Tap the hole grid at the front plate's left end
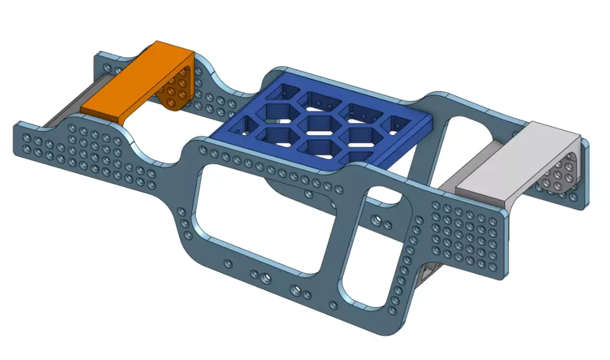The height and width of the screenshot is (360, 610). (x=86, y=150)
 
